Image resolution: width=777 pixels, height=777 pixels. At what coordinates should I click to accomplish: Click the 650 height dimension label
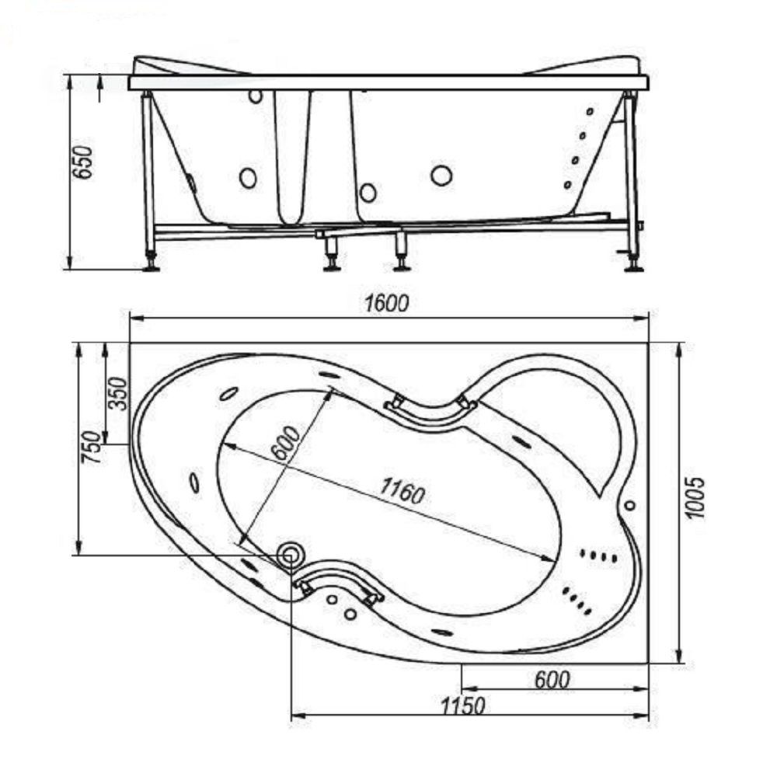pyautogui.click(x=83, y=162)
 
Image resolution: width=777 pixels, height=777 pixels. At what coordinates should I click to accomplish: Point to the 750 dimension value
pyautogui.click(x=90, y=447)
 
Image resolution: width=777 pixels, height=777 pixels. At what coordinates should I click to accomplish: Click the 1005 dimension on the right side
pyautogui.click(x=697, y=497)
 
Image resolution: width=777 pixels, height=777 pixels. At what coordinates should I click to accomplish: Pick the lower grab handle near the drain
pyautogui.click(x=339, y=583)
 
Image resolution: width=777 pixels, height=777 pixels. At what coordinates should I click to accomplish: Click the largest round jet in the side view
pyautogui.click(x=441, y=176)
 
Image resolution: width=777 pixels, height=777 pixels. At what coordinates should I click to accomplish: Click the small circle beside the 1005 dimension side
pyautogui.click(x=629, y=505)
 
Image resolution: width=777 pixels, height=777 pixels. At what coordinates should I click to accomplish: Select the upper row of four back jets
pyautogui.click(x=600, y=556)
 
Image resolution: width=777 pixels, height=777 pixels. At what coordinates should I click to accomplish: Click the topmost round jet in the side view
pyautogui.click(x=255, y=97)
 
